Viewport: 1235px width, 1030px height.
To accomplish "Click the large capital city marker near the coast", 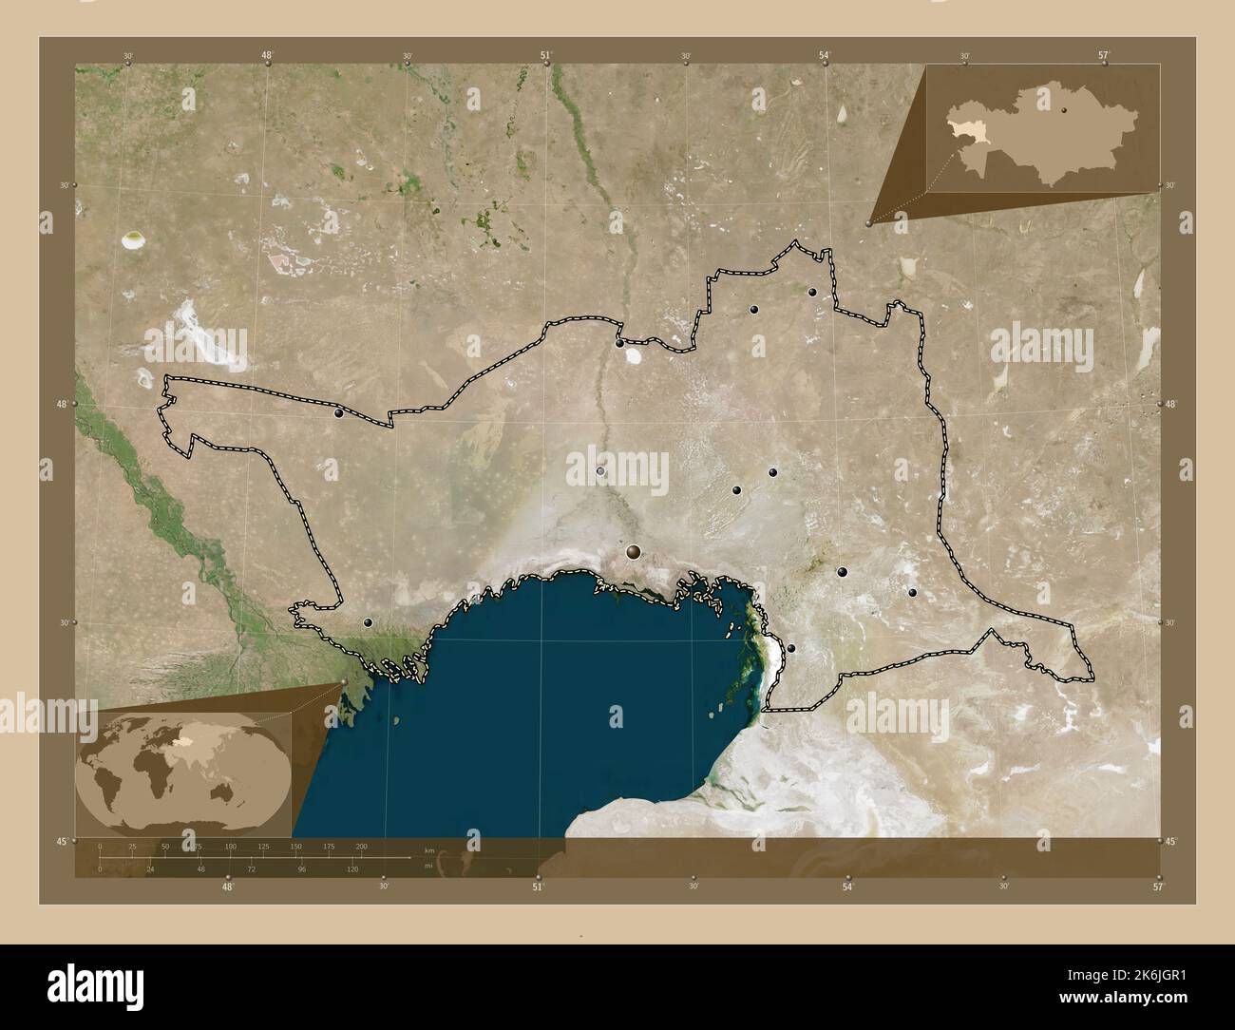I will (x=634, y=551).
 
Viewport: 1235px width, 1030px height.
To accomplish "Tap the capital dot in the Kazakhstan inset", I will (x=1065, y=110).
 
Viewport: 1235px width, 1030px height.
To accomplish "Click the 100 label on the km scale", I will (x=230, y=847).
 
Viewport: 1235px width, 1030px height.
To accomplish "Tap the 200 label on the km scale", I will (x=361, y=847).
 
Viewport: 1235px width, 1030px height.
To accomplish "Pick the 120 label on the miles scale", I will (x=353, y=869).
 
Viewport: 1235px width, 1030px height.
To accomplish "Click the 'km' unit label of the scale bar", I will (x=429, y=849).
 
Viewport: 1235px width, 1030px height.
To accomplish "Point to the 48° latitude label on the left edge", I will (x=61, y=404).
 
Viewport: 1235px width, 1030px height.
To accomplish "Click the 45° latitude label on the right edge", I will (x=1171, y=842).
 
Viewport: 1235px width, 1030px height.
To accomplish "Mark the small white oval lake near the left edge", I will (x=133, y=240).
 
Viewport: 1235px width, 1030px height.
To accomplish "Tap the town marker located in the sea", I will (x=617, y=709).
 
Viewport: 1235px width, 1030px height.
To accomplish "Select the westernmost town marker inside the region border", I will (x=338, y=412).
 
